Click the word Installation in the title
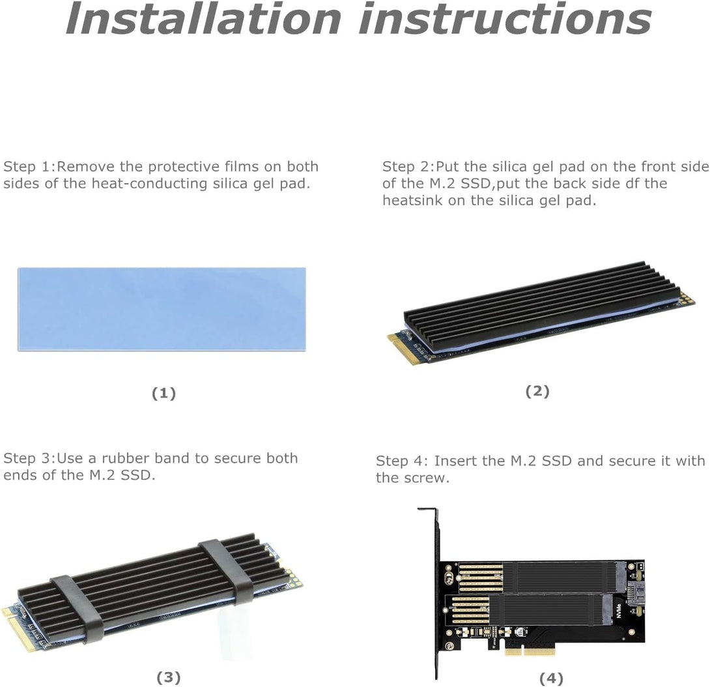click(203, 19)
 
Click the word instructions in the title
click(504, 19)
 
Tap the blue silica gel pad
click(162, 309)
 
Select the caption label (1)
click(163, 393)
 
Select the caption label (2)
click(537, 391)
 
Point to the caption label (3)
click(168, 677)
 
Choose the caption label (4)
click(551, 679)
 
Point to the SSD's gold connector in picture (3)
click(18, 627)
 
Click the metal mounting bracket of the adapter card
click(430, 587)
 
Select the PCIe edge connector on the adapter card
click(530, 650)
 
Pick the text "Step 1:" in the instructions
click(30, 166)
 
